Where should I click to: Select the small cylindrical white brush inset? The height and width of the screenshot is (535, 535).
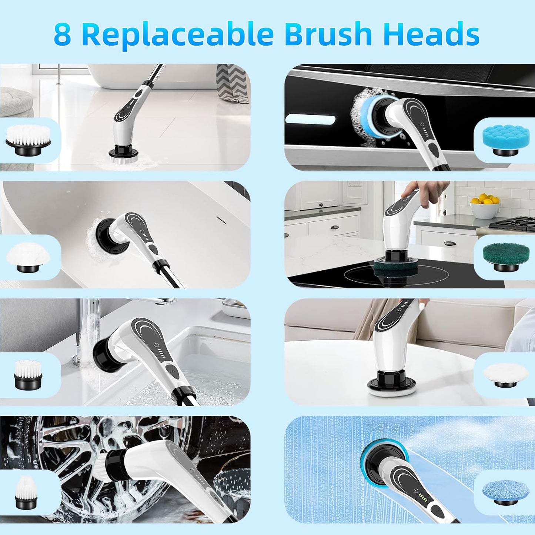[28, 374]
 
